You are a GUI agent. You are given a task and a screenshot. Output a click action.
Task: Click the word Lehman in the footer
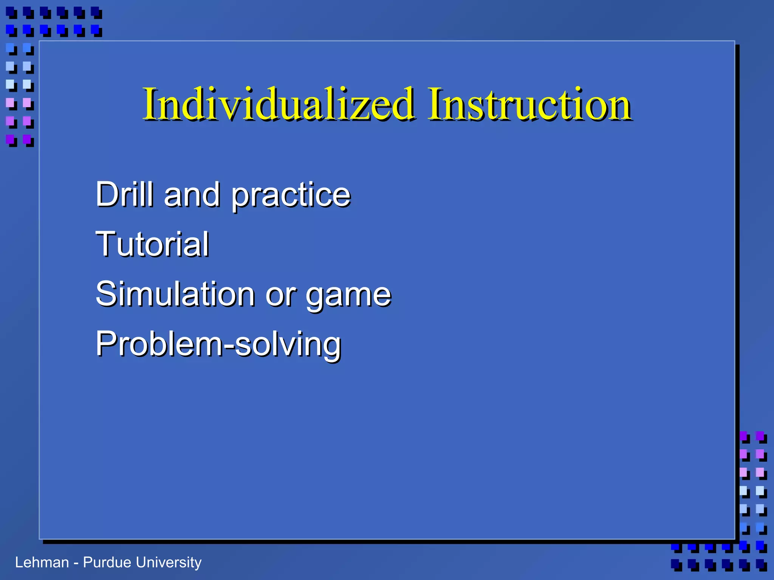pos(42,563)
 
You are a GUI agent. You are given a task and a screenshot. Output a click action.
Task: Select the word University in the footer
pos(169,563)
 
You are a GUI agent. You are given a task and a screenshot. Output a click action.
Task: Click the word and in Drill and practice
pos(192,195)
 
